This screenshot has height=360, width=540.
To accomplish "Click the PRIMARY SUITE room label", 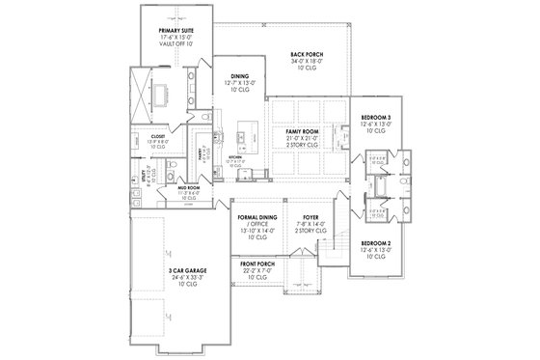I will pos(176,31).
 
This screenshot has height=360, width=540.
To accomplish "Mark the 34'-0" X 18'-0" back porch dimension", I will pos(307,61).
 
